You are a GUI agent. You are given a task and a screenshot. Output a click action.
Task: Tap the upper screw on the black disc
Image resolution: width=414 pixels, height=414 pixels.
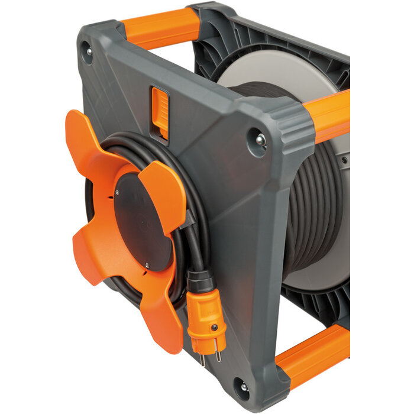click(x=118, y=193)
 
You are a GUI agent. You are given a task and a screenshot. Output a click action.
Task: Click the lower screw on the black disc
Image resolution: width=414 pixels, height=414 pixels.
click(x=145, y=266)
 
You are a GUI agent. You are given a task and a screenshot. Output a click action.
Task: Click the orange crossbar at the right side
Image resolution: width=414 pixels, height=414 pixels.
click(x=328, y=115)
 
